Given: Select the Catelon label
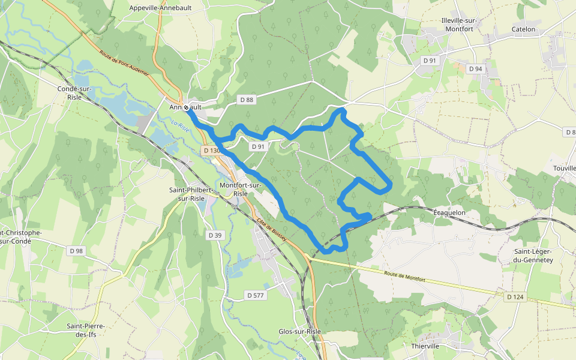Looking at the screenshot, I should click(x=523, y=29).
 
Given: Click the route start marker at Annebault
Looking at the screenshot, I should click(x=187, y=107).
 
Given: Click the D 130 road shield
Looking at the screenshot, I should click(x=210, y=150).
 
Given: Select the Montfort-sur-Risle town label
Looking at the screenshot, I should click(x=241, y=190).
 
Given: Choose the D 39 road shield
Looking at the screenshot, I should click(x=215, y=235).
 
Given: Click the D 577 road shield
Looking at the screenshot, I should click(x=256, y=295).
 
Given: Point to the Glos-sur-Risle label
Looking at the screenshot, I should click(x=299, y=331).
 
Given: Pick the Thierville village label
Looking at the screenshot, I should click(x=425, y=346).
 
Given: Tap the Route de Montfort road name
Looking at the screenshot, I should click(x=405, y=277).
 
